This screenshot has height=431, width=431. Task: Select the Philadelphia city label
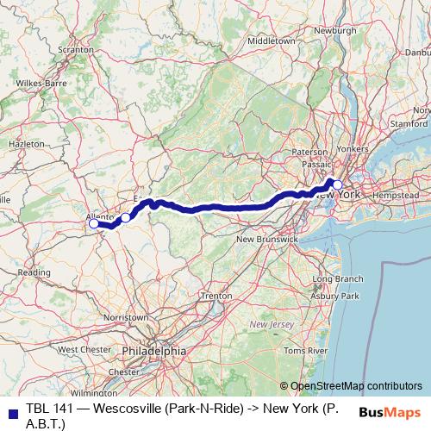[153, 351]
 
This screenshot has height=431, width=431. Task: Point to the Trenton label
[215, 296]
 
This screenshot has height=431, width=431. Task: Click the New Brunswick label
[266, 238]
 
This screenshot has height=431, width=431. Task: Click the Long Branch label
[337, 279]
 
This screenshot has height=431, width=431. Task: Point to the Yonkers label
[351, 148]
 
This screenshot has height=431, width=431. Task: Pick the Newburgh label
[334, 30]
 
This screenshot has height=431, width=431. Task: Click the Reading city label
[34, 272]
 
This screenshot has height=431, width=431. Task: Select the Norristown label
[125, 317]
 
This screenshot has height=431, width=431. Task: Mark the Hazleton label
[26, 143]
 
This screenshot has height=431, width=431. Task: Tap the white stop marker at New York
[338, 161]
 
